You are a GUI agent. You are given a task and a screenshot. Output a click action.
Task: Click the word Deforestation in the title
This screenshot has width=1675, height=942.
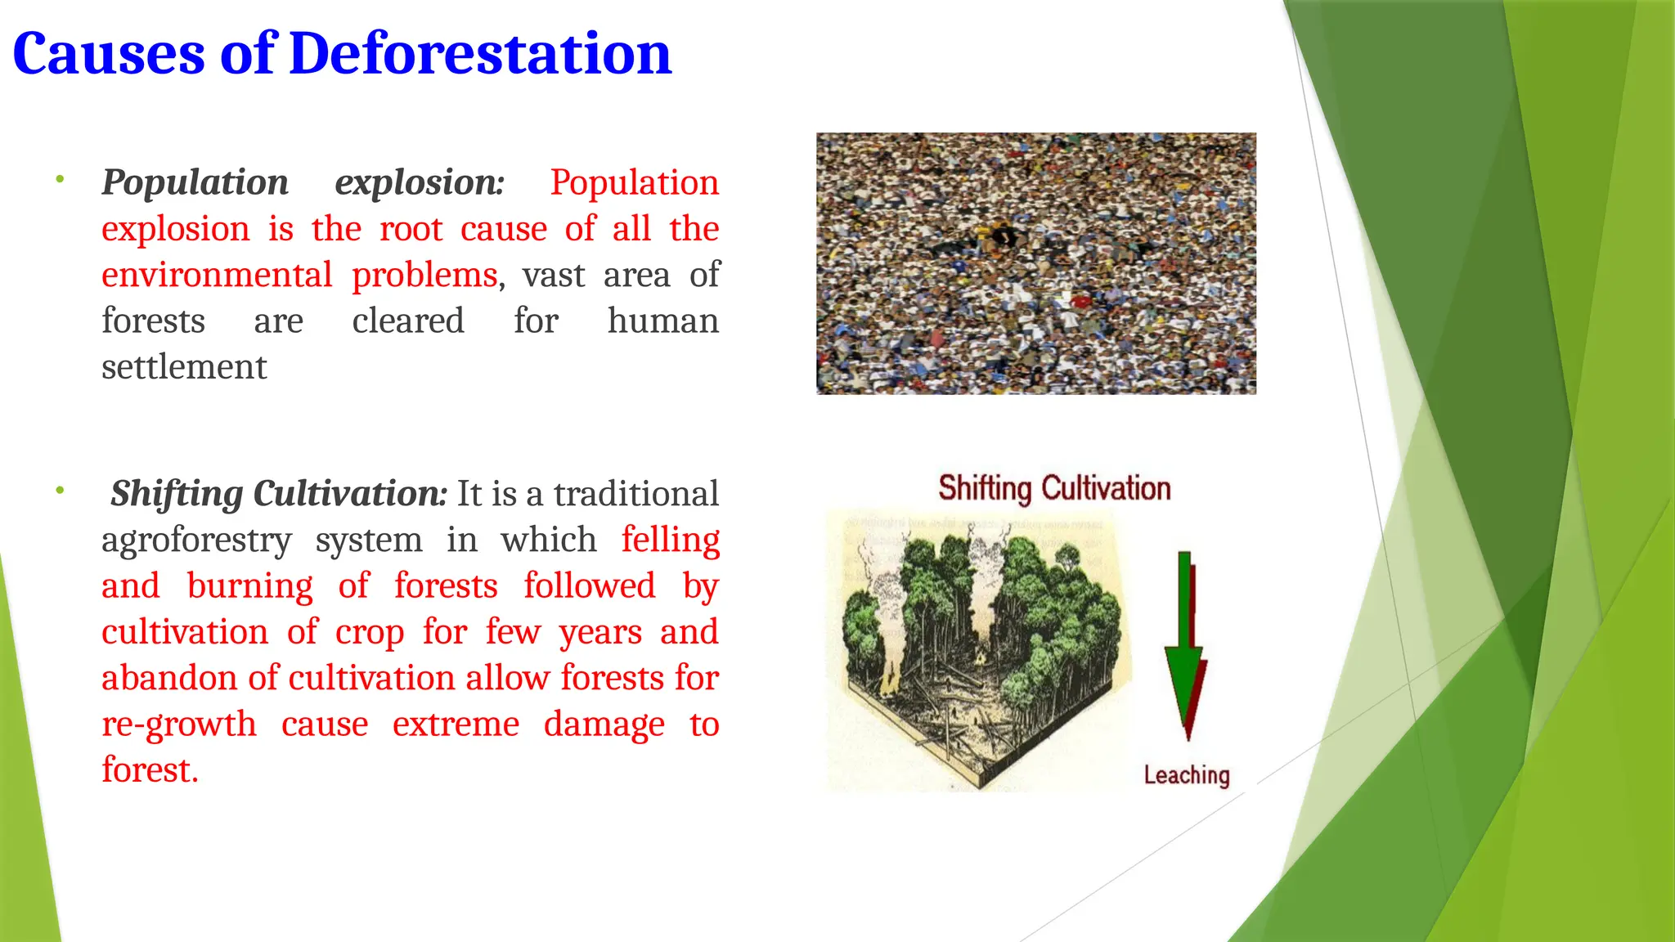tap(480, 54)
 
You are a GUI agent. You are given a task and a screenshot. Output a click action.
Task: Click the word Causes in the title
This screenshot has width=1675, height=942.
tap(109, 54)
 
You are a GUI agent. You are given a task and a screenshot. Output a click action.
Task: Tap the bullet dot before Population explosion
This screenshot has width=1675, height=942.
tap(60, 178)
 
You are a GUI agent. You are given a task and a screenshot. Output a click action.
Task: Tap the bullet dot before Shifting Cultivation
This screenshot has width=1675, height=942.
tap(60, 490)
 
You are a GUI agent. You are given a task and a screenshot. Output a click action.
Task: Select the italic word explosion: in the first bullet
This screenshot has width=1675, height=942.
tap(420, 182)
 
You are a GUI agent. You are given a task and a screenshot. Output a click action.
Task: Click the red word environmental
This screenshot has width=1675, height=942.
tap(217, 275)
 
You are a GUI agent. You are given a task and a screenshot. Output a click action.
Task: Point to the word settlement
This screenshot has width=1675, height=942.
tap(184, 367)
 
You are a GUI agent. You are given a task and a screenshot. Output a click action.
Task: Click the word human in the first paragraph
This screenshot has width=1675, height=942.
tap(662, 321)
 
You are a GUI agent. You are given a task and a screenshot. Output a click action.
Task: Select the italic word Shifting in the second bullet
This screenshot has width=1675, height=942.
tap(177, 494)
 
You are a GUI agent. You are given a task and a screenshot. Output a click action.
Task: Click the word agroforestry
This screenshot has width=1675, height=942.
tap(196, 540)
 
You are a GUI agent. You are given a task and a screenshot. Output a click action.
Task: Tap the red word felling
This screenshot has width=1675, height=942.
tap(670, 540)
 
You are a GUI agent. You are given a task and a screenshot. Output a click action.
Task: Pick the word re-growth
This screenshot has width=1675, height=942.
tap(178, 724)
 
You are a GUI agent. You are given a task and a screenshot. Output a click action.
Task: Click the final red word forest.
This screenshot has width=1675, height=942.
tap(149, 770)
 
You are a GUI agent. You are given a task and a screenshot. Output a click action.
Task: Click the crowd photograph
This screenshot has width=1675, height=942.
tap(1035, 263)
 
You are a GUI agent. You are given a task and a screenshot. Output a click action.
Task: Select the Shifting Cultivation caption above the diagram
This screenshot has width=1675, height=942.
tap(1054, 488)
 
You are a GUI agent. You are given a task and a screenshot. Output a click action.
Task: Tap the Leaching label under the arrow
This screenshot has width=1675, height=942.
tap(1186, 774)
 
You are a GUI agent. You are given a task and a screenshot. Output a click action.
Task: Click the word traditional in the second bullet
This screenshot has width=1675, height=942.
tap(635, 494)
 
